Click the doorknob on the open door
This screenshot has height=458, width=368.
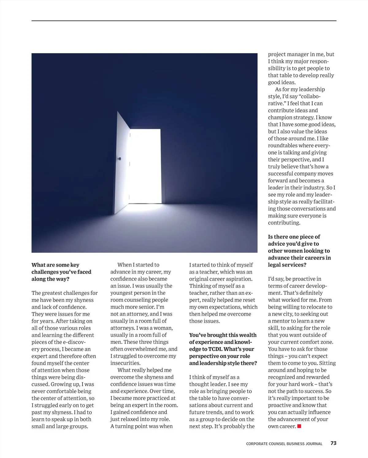pyautogui.click(x=120, y=159)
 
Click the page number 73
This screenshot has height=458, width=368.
pyautogui.click(x=333, y=443)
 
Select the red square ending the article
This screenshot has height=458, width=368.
pyautogui.click(x=299, y=426)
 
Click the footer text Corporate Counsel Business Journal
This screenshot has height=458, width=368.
pyautogui.click(x=284, y=444)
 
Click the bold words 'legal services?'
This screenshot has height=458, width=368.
pyautogui.click(x=287, y=265)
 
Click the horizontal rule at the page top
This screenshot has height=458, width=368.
pyautogui.click(x=184, y=21)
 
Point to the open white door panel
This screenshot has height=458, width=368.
pyautogui.click(x=123, y=163)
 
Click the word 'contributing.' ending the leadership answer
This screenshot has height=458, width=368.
pyautogui.click(x=284, y=223)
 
